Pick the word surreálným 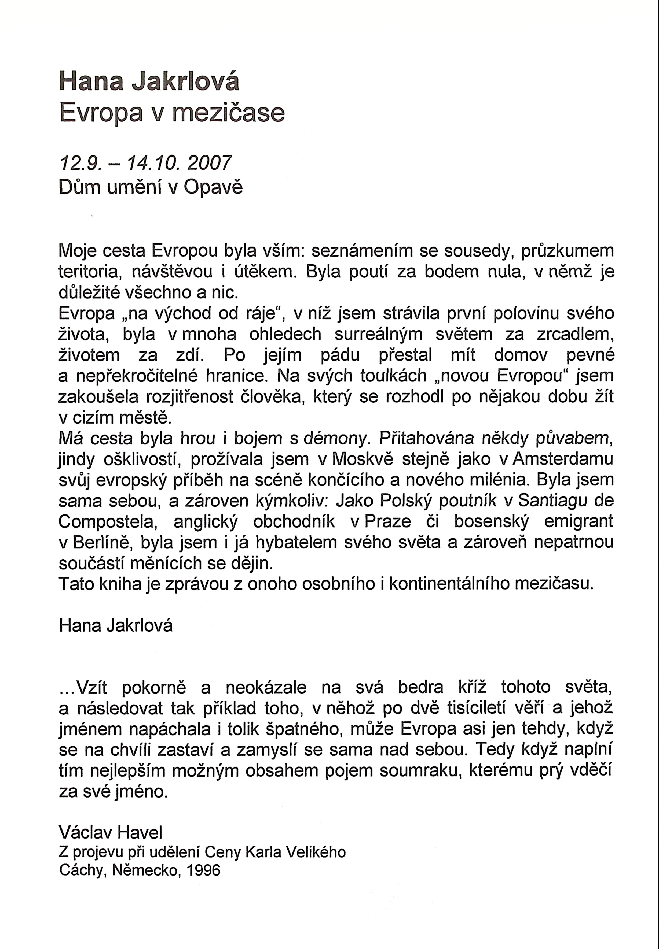pyautogui.click(x=378, y=334)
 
